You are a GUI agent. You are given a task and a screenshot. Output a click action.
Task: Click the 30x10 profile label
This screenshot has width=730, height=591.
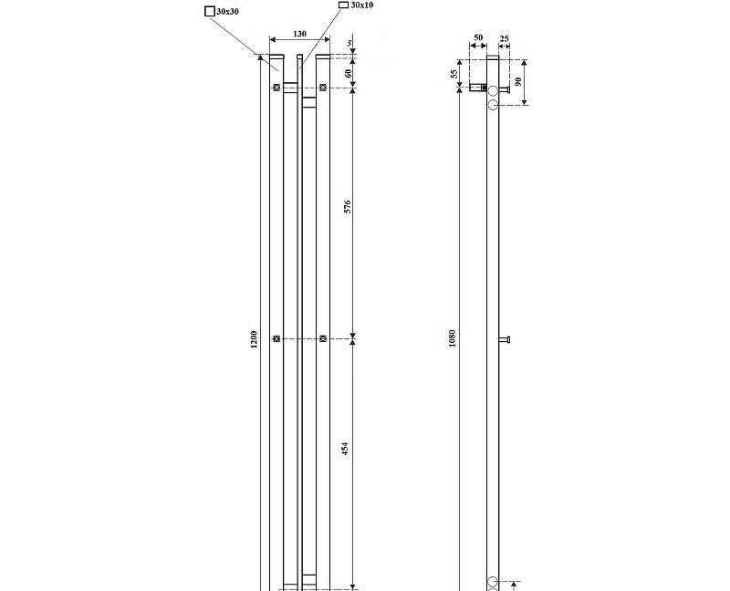(x=362, y=5)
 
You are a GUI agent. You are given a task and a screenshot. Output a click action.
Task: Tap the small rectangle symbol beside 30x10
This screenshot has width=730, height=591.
(x=343, y=5)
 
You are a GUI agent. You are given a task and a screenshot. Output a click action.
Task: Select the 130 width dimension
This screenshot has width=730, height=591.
(x=298, y=34)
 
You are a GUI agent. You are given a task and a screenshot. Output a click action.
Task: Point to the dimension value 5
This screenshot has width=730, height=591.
(x=349, y=45)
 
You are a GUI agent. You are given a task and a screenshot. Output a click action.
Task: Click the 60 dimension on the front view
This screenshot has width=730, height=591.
(x=349, y=72)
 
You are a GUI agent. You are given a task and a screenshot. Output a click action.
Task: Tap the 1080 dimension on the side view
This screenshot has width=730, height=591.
(x=452, y=340)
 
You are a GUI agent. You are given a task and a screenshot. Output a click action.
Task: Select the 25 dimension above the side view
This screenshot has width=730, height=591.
(x=505, y=39)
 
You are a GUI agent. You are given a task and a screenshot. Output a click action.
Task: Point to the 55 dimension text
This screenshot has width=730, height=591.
(x=454, y=75)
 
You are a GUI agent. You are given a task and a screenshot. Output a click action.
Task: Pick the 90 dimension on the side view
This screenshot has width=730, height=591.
(x=517, y=82)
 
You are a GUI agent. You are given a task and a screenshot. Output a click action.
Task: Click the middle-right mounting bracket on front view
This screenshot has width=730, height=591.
(x=323, y=339)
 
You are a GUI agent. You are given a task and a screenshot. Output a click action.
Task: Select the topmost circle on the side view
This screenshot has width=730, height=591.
(x=493, y=89)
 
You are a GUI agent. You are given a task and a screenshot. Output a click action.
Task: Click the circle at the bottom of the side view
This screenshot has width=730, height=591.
(x=493, y=582)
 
